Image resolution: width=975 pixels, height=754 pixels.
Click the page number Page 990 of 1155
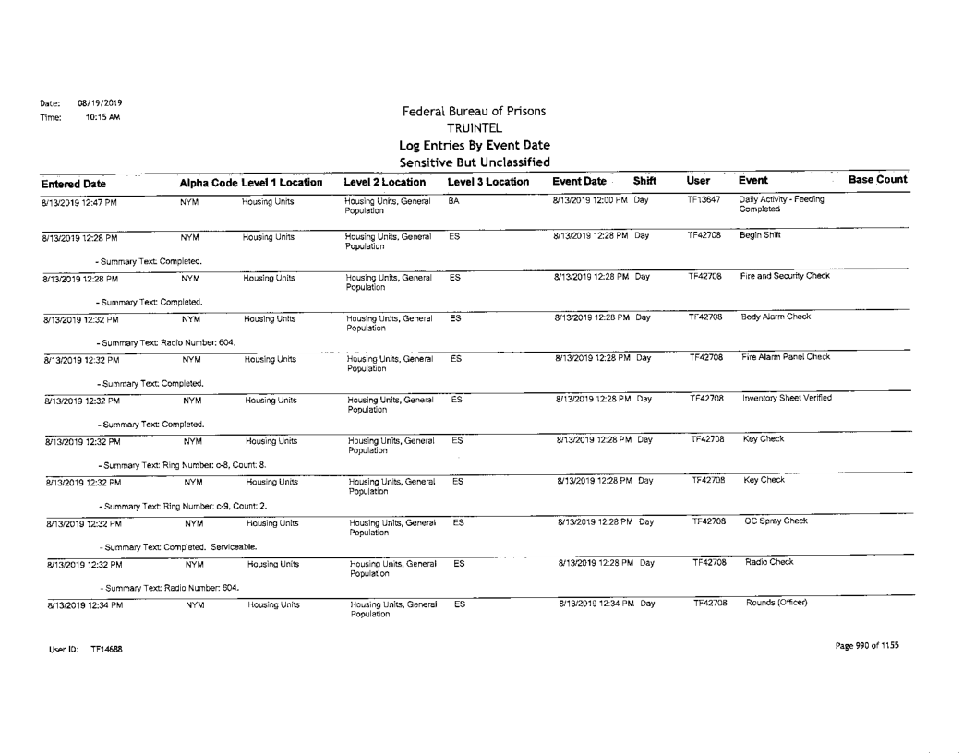point(853,645)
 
